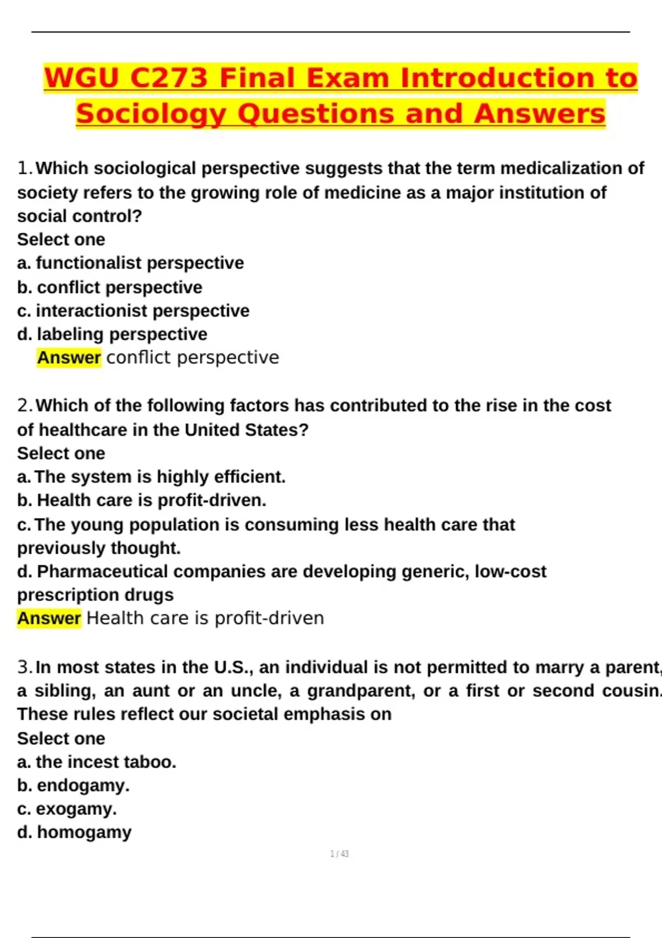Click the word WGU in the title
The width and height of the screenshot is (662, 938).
(x=82, y=77)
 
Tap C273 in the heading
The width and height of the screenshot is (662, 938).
(x=168, y=77)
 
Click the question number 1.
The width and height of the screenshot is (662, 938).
(x=25, y=168)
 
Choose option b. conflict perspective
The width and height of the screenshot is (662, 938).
(x=110, y=287)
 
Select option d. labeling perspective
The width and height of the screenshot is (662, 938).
(x=112, y=334)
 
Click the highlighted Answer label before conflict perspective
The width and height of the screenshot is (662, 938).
(x=69, y=358)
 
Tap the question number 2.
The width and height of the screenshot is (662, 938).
(x=25, y=406)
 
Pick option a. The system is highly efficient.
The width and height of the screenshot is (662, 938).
(x=152, y=477)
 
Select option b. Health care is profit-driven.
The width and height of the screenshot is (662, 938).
(x=142, y=500)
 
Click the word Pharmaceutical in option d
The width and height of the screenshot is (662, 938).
(x=102, y=572)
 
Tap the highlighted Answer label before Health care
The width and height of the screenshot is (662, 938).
(x=49, y=619)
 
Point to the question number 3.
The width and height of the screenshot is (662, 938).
(x=25, y=667)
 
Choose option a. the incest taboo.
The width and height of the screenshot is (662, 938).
(x=97, y=762)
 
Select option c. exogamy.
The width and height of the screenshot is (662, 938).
(x=67, y=809)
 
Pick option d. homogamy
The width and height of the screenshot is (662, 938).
(x=74, y=832)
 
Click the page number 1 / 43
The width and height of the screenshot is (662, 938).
(x=339, y=854)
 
